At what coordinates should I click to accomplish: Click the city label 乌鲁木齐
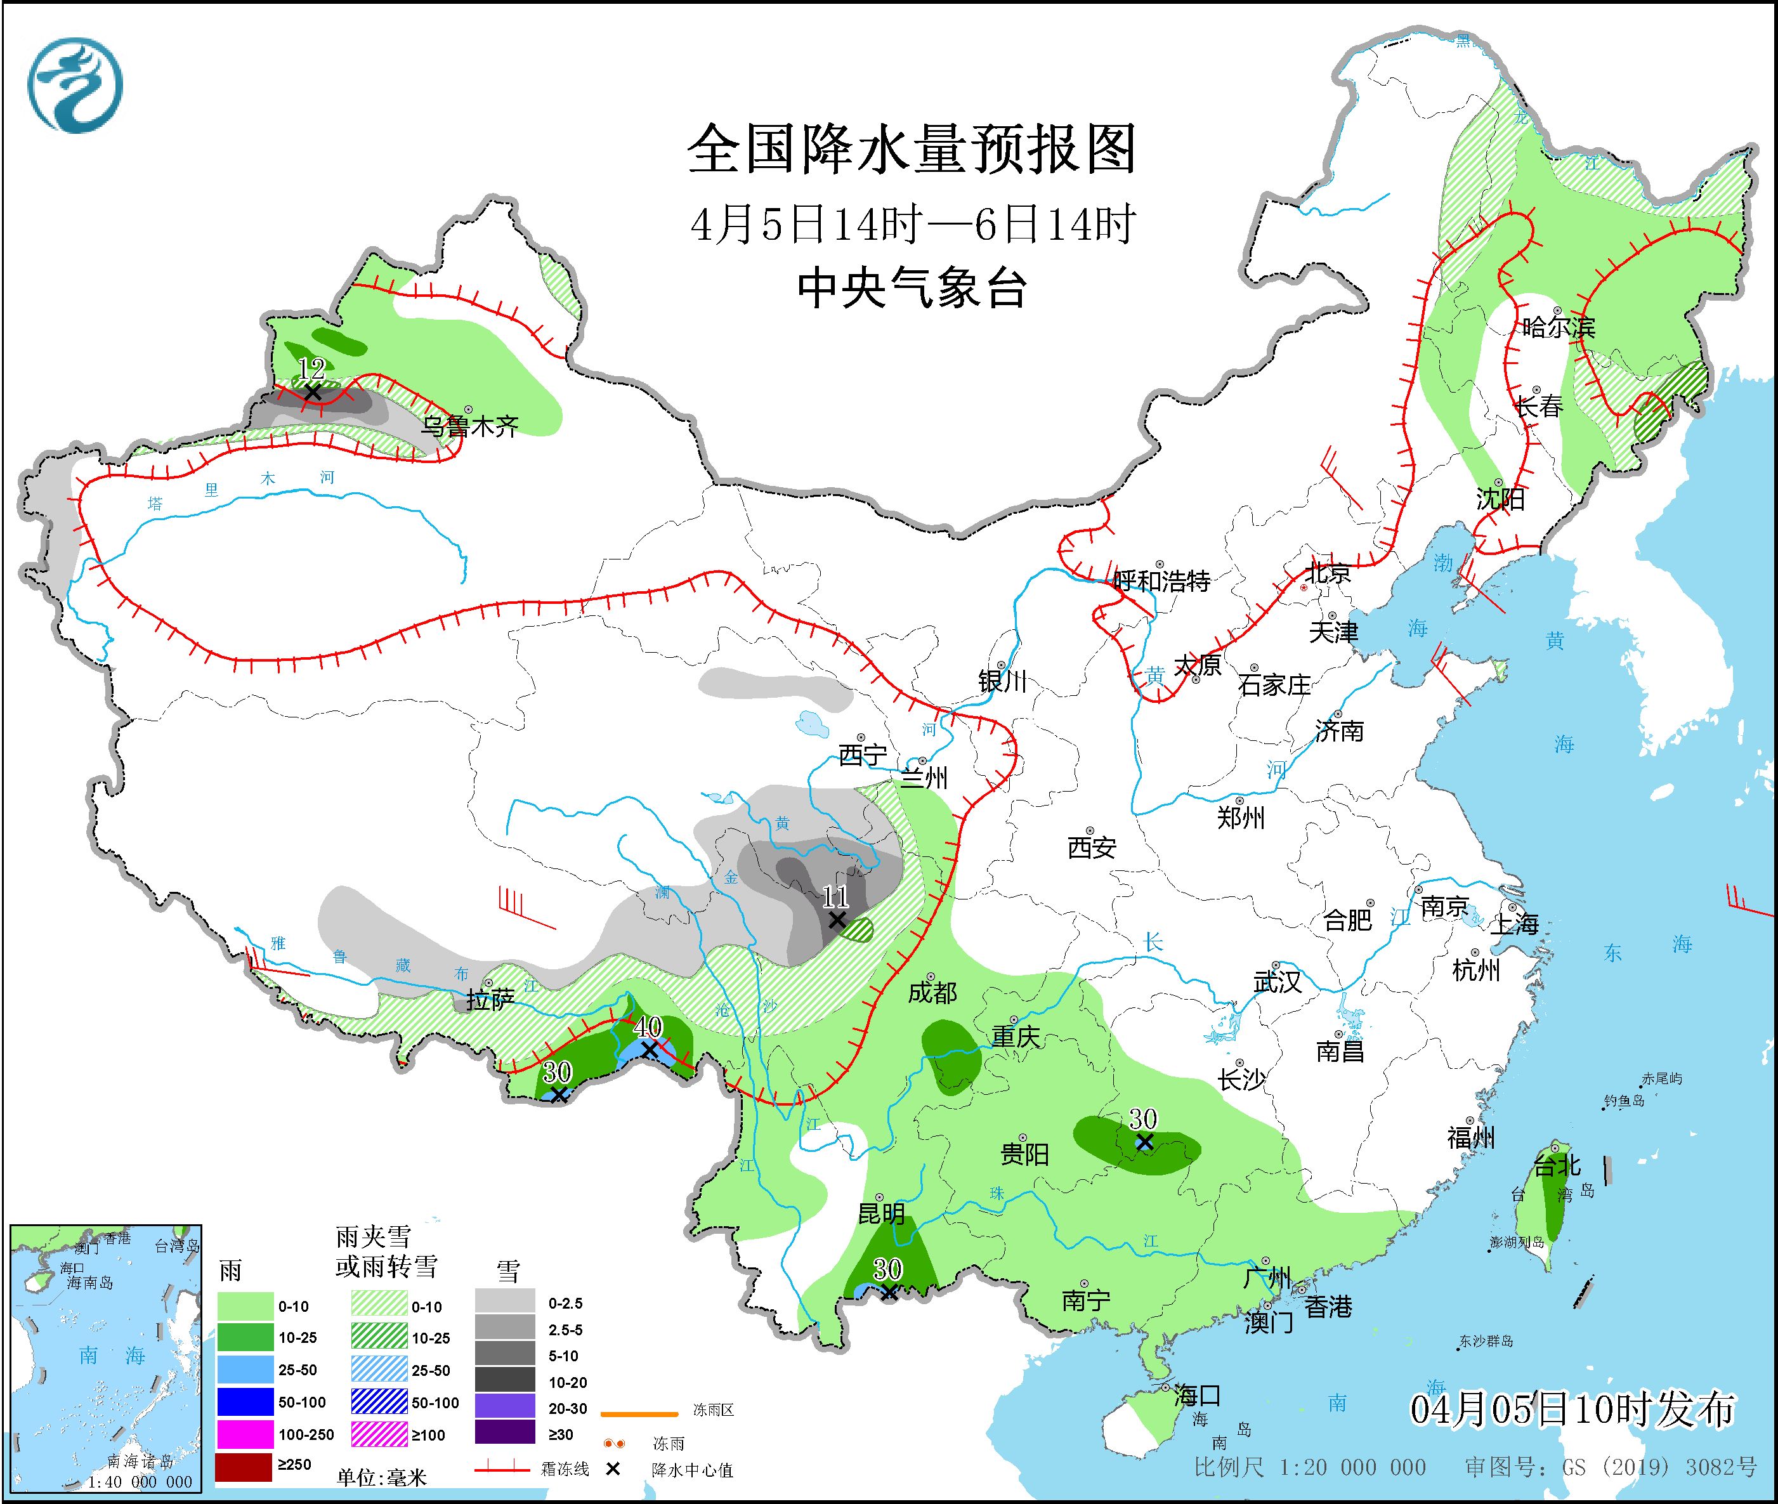point(471,426)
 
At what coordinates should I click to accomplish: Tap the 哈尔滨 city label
point(1558,327)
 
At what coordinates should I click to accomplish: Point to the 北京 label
point(1328,573)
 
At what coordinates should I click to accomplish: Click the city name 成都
point(932,993)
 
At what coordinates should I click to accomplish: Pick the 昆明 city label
point(881,1213)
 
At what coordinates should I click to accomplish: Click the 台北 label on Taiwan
point(1557,1165)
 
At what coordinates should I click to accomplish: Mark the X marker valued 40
point(649,1050)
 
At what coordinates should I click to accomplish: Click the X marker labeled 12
point(312,392)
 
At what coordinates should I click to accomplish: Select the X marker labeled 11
point(837,920)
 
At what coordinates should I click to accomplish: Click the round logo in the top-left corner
point(75,85)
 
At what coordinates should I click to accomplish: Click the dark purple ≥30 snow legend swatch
point(505,1434)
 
